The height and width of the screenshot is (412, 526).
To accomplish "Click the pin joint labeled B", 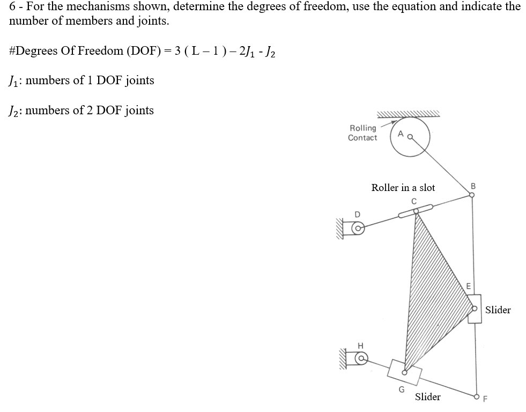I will (472, 195).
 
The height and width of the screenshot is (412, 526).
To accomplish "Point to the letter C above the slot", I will (413, 201).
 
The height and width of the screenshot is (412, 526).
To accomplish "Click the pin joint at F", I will (477, 397).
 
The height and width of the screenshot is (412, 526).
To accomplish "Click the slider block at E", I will (474, 308).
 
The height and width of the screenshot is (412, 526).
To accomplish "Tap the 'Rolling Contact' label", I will (362, 133).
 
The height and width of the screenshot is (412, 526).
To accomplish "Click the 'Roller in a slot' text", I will (403, 188).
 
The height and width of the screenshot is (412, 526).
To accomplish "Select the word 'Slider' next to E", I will (498, 310).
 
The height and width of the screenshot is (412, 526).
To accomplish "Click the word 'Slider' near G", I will (428, 397).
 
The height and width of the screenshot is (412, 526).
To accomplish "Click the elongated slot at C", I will (416, 211).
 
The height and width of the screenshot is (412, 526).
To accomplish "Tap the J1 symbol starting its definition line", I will (14, 81).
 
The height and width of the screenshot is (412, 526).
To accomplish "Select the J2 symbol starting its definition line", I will (14, 111).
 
